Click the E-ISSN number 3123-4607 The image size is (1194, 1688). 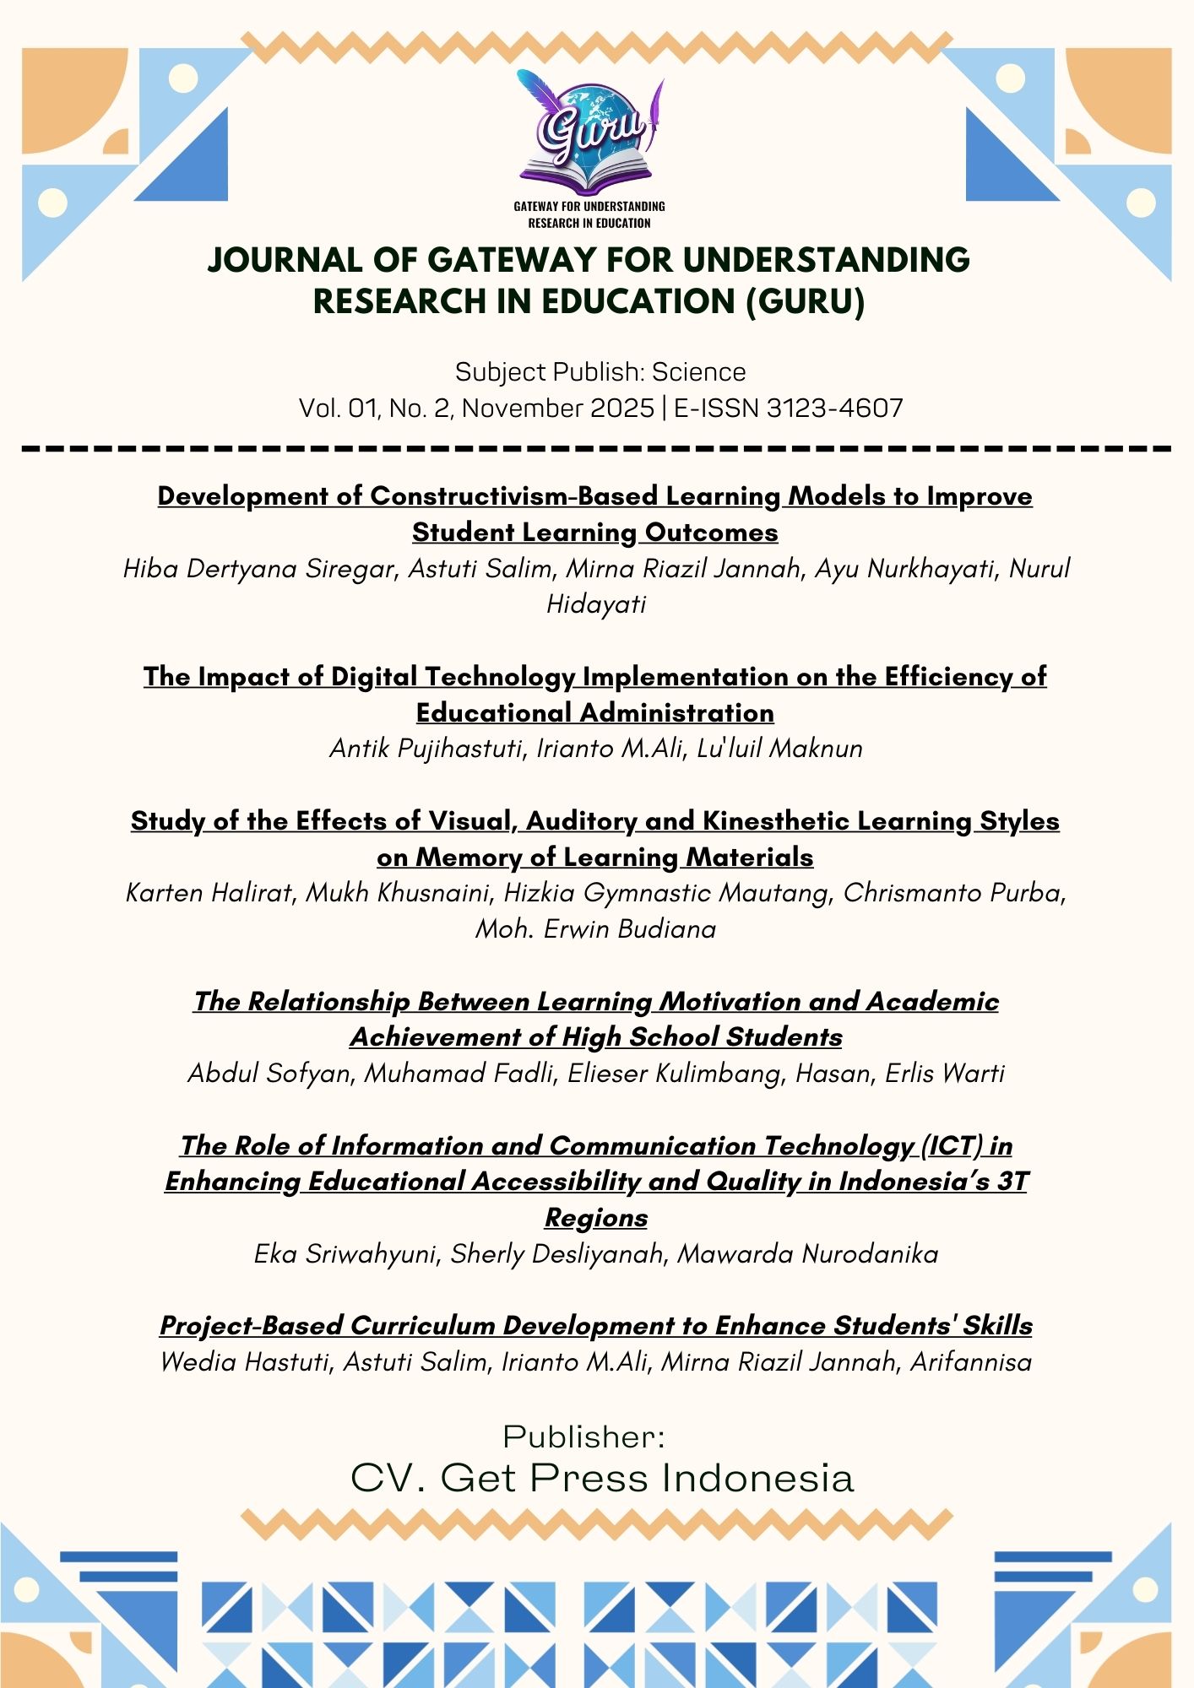pos(834,408)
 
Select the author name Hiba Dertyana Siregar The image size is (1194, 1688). pos(259,569)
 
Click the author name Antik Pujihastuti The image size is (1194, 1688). pos(426,749)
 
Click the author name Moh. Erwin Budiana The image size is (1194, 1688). pos(596,929)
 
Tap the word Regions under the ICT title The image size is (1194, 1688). pos(596,1218)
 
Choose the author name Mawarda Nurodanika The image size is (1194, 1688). pos(807,1254)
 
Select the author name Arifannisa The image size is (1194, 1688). pos(970,1362)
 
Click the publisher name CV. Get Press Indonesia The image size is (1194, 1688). pos(602,1478)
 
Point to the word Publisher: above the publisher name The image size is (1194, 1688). pos(584,1436)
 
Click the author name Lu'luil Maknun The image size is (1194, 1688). pos(779,749)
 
